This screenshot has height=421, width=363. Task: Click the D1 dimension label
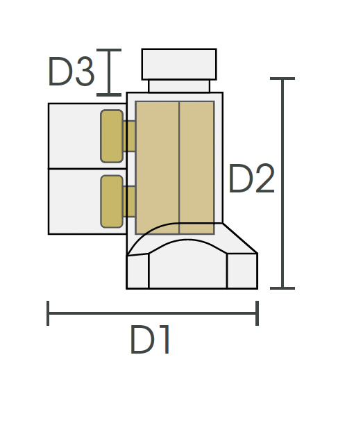[x=151, y=340]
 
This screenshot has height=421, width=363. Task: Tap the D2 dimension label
[x=251, y=180]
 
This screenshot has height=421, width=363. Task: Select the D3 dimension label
[x=70, y=72]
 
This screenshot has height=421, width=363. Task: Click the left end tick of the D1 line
[x=48, y=313]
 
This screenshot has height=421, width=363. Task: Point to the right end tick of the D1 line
[x=258, y=313]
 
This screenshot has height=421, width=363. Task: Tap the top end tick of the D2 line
[x=282, y=79]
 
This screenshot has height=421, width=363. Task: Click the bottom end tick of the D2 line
[x=282, y=288]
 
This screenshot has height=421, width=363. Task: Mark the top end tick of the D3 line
[x=109, y=50]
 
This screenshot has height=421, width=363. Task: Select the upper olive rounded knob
[x=112, y=136]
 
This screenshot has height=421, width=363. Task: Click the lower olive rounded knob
[x=112, y=201]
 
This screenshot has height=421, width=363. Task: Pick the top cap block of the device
[x=179, y=64]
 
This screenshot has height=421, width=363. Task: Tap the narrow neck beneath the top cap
[x=179, y=85]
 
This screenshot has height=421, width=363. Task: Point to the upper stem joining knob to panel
[x=129, y=136]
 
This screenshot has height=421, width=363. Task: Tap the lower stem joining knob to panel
[x=129, y=201]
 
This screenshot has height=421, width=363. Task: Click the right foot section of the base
[x=242, y=271]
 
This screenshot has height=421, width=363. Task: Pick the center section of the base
[x=187, y=267]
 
